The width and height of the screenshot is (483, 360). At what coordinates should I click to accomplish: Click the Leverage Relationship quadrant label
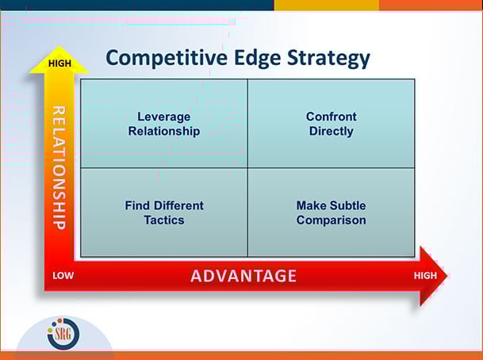pyautogui.click(x=164, y=124)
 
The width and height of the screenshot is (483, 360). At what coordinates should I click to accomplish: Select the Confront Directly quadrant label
pyautogui.click(x=331, y=124)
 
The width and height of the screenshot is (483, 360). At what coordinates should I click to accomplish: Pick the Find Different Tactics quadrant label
pyautogui.click(x=164, y=213)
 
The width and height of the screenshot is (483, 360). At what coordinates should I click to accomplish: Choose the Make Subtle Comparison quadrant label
pyautogui.click(x=331, y=213)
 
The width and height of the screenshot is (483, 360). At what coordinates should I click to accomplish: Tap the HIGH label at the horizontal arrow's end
pyautogui.click(x=426, y=275)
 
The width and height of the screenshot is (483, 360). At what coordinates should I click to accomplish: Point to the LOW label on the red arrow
pyautogui.click(x=63, y=276)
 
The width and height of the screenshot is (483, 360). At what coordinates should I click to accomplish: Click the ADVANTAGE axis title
pyautogui.click(x=243, y=276)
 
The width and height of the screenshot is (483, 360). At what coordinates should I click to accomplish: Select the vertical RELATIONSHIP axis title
pyautogui.click(x=59, y=167)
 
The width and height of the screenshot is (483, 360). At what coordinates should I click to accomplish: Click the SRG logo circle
pyautogui.click(x=63, y=334)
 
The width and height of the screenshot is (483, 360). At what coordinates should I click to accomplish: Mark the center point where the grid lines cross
pyautogui.click(x=247, y=167)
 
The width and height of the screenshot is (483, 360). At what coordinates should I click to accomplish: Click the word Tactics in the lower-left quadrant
pyautogui.click(x=164, y=220)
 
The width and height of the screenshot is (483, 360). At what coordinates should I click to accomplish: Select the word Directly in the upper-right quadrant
pyautogui.click(x=331, y=131)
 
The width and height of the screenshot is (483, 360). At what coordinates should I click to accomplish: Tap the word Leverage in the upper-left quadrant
pyautogui.click(x=164, y=117)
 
